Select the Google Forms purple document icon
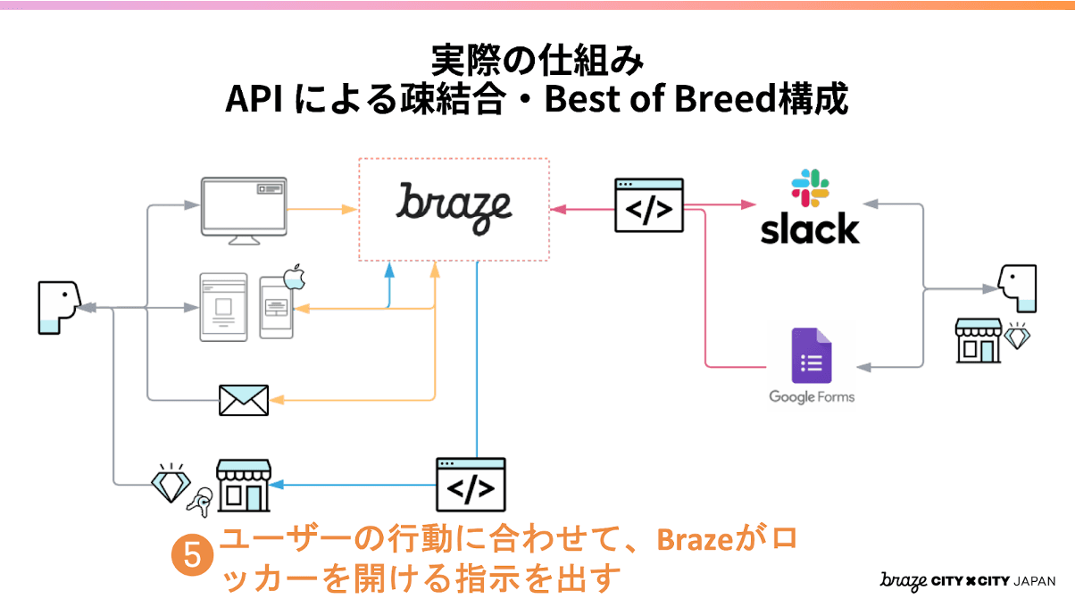[x=812, y=358]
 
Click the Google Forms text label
[x=812, y=397]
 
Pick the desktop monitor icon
[x=244, y=211]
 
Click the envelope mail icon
[x=244, y=400]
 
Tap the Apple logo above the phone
[x=295, y=278]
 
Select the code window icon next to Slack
[x=649, y=205]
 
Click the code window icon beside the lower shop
[x=471, y=484]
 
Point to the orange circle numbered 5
[x=192, y=553]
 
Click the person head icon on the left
[x=58, y=307]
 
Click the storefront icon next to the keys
[x=244, y=486]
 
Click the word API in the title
[x=254, y=99]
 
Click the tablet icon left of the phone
[x=222, y=306]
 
